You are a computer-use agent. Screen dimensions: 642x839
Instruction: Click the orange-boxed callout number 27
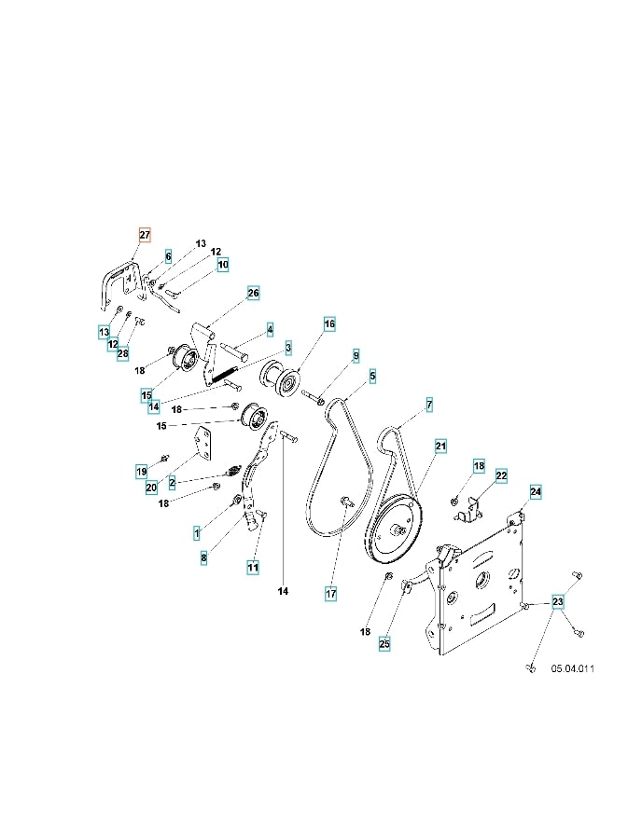145,235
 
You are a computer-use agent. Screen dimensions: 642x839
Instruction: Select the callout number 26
253,293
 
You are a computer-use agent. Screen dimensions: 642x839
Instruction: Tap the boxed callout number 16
329,323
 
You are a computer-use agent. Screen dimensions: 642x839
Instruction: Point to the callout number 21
440,446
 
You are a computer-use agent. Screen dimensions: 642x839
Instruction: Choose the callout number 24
536,491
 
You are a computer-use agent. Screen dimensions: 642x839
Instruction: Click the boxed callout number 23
558,601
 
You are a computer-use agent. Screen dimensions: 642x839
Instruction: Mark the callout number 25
384,643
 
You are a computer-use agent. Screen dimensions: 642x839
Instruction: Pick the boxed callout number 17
331,594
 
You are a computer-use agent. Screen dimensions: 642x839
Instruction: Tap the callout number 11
253,567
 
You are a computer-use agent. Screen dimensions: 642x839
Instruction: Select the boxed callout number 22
501,475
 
